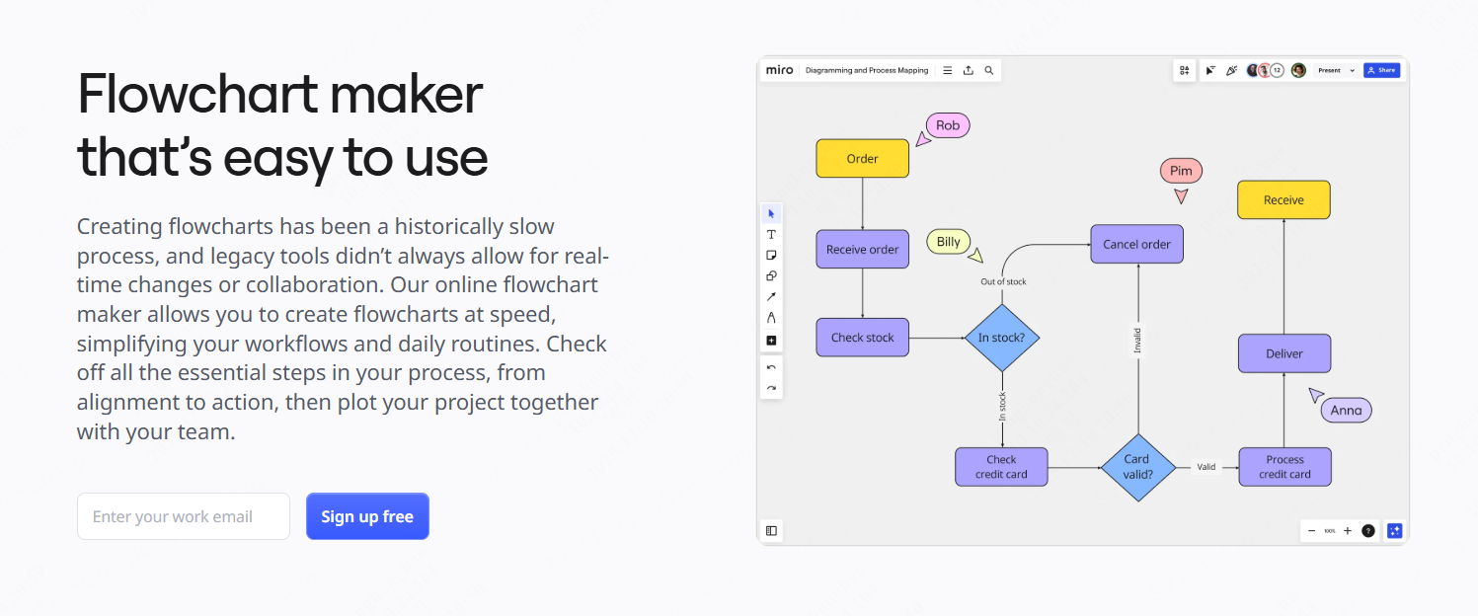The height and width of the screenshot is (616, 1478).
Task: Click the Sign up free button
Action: coord(367,516)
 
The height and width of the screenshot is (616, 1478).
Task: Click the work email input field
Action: coord(184,516)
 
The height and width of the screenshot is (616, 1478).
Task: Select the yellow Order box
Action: coord(862,158)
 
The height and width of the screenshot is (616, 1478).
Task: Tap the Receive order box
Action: coord(862,249)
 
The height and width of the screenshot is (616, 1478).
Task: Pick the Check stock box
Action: coord(862,337)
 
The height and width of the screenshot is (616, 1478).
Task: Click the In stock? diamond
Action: coord(1001,338)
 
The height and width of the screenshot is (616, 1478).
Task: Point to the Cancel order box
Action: coord(1136,244)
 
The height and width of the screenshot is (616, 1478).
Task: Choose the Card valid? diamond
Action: coord(1136,467)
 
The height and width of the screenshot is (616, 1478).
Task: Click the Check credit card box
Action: coord(1001,467)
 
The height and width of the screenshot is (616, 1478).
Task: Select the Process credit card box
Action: coord(1284,467)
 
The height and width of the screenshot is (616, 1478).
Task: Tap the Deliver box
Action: coord(1284,353)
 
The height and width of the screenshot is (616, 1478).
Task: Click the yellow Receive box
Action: coord(1284,199)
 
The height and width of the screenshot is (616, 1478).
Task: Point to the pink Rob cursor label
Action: coord(948,125)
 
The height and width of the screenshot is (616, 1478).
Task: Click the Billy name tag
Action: coord(949,242)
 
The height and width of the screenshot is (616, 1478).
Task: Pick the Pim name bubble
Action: coord(1181,171)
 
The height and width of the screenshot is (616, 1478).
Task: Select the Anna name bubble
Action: coord(1346,411)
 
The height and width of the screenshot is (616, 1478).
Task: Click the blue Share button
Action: coord(1381,70)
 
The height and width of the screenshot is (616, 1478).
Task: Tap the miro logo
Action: coord(779,70)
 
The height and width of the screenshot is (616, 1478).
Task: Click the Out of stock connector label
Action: coord(1003,282)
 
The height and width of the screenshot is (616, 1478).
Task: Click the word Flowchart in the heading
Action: coord(196,95)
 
